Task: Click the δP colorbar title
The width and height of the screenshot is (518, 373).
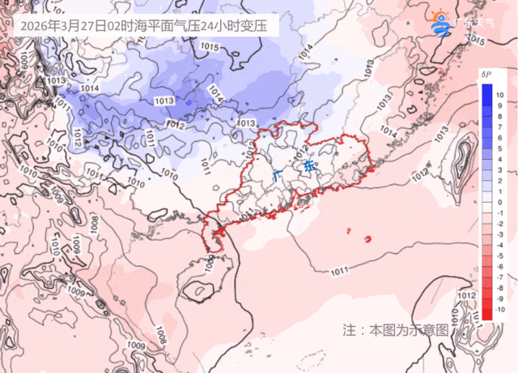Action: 486,75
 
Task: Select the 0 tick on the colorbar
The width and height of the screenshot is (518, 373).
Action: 500,202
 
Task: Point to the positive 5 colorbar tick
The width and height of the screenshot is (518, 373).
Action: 500,148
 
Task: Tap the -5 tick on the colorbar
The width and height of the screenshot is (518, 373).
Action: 500,255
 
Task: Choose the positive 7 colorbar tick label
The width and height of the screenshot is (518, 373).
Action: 500,127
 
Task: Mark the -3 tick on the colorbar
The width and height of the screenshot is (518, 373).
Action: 500,234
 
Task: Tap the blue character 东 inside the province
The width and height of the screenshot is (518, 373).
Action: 308,168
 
